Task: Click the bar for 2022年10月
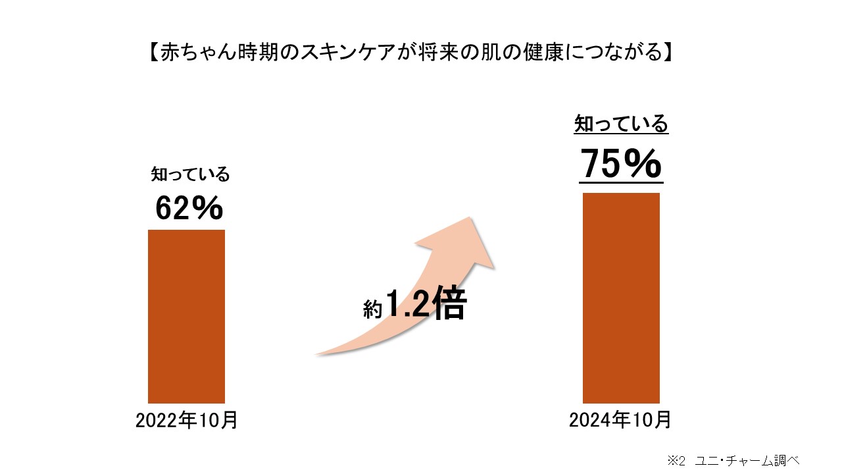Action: (x=186, y=316)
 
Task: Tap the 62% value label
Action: (x=189, y=208)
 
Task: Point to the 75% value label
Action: (x=621, y=165)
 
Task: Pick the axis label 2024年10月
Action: (x=620, y=419)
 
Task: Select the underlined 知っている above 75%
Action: (x=621, y=124)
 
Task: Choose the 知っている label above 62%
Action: (x=190, y=174)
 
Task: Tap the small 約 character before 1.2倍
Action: (x=372, y=310)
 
